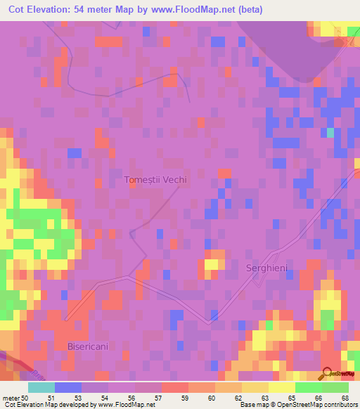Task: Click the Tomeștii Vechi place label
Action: tap(155, 180)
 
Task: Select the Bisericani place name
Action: tap(89, 346)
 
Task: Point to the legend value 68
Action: tap(344, 398)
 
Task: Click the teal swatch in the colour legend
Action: tap(41, 387)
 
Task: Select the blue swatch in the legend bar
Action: tap(68, 387)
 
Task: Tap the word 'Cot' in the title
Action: tap(17, 9)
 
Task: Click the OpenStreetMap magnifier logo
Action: tap(326, 372)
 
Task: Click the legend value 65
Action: tap(290, 398)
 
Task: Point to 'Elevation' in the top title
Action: tap(58, 9)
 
